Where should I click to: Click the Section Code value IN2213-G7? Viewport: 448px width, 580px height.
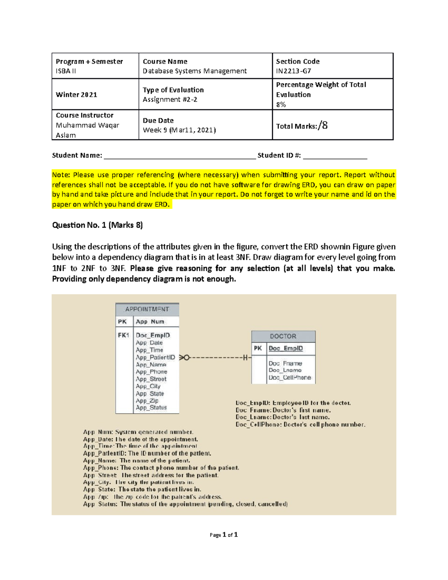pos(293,71)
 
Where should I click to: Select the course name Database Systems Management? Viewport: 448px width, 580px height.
pos(195,71)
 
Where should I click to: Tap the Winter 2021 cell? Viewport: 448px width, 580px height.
pos(77,94)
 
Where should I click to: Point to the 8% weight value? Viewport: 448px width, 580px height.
pos(281,105)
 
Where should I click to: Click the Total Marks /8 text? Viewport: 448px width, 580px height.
pos(302,126)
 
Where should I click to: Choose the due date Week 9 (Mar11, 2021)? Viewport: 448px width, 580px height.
pos(179,130)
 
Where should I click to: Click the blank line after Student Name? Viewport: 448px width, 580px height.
pos(180,156)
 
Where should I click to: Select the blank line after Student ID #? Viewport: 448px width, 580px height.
pos(335,156)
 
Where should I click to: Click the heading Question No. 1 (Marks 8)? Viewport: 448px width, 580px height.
pos(97,225)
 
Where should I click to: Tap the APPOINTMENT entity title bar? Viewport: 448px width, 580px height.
pos(147,309)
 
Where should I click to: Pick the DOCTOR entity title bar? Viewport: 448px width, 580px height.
pos(283,336)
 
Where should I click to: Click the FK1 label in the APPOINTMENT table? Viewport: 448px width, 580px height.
pos(124,335)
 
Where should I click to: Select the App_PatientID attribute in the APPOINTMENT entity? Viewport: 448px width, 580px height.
pos(155,357)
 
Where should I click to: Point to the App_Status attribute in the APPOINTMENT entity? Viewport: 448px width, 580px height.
pos(151,407)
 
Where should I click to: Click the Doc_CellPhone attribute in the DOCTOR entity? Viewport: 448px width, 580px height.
pos(290,378)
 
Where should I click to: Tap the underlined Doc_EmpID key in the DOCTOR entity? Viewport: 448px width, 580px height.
pos(286,348)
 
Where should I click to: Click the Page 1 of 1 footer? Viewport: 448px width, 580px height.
pos(224,535)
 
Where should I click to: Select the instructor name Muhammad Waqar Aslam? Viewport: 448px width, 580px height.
pos(87,130)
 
